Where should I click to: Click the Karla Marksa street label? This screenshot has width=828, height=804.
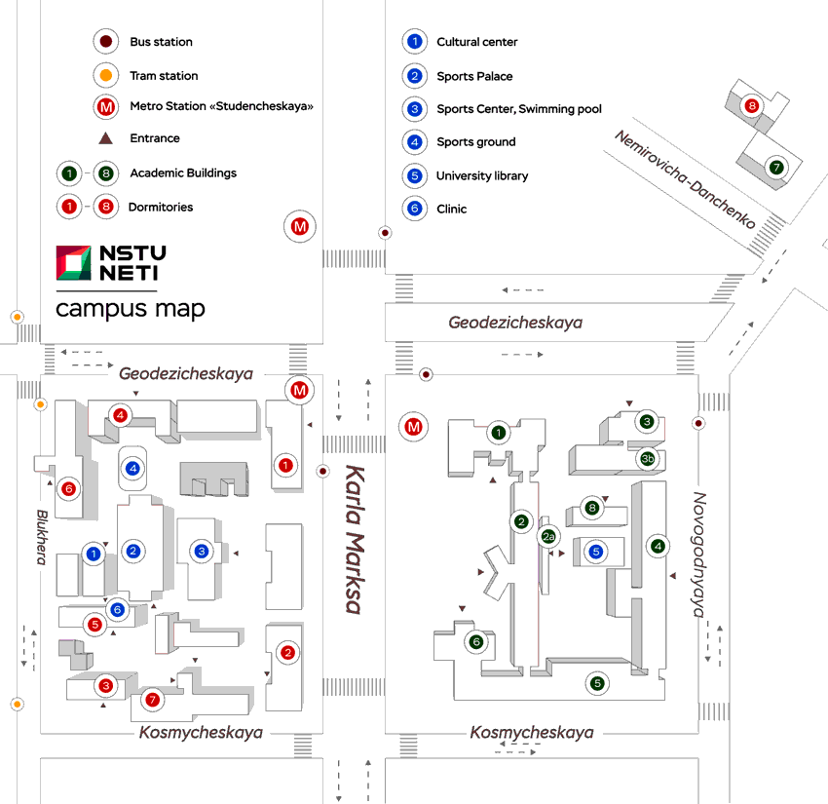(x=353, y=539)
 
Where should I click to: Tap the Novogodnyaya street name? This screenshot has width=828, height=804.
(x=698, y=555)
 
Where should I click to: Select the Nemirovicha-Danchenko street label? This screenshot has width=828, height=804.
(x=685, y=179)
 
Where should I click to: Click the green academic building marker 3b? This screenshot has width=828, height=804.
(x=647, y=458)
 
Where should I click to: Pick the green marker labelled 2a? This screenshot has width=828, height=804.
(x=548, y=536)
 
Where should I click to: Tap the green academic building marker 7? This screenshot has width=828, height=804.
(x=775, y=167)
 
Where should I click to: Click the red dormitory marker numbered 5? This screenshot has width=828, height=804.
(x=94, y=624)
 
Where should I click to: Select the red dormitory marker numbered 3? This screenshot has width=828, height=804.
(x=106, y=686)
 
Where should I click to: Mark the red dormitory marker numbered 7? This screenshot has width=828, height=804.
(x=151, y=699)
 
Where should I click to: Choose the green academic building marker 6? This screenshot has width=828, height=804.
(x=476, y=641)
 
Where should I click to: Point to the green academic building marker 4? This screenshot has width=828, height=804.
(x=659, y=547)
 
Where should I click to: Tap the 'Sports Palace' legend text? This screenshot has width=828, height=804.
(x=474, y=76)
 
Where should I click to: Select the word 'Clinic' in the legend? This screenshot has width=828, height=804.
(x=452, y=209)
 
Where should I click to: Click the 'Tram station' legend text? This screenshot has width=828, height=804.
(x=164, y=75)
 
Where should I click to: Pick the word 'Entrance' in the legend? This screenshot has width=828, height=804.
(x=155, y=138)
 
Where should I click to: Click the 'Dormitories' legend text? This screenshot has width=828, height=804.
(x=161, y=207)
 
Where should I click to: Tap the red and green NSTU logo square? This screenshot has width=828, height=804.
(x=74, y=262)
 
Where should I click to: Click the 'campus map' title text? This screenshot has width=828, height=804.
(x=130, y=310)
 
